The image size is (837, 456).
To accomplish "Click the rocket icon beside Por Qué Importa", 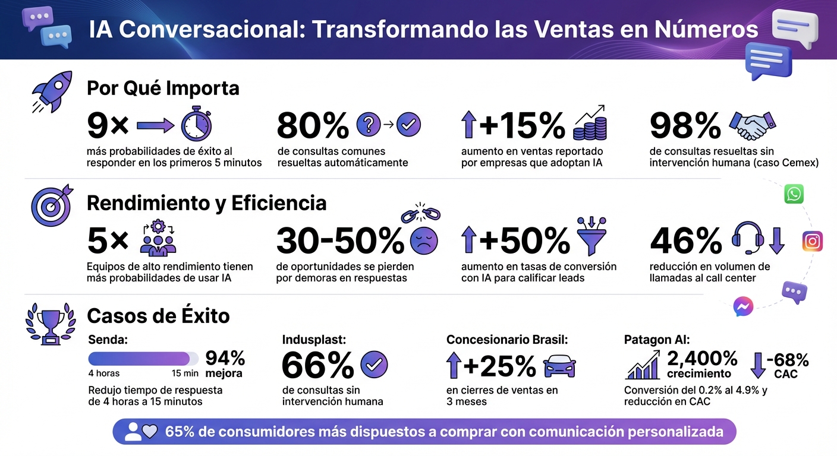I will [52, 92].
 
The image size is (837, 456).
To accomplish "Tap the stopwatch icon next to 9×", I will [196, 125].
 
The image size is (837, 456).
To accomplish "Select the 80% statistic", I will [313, 125].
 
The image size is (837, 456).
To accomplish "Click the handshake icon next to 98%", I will [752, 125].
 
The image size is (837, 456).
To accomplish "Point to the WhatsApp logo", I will [794, 194].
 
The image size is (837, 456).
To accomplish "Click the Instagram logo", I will [812, 242].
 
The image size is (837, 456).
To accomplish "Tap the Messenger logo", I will [743, 306].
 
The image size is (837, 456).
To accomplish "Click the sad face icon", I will [424, 240].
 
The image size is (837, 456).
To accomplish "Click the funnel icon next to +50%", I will [592, 233].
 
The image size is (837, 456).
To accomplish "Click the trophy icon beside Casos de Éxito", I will [50, 324].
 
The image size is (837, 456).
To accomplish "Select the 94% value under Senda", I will [225, 358].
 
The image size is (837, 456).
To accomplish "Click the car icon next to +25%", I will [559, 366].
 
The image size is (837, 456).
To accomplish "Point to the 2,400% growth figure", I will [702, 358].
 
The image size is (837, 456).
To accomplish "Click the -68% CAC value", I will [788, 360].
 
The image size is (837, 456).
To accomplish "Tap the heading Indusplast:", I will [314, 340].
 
